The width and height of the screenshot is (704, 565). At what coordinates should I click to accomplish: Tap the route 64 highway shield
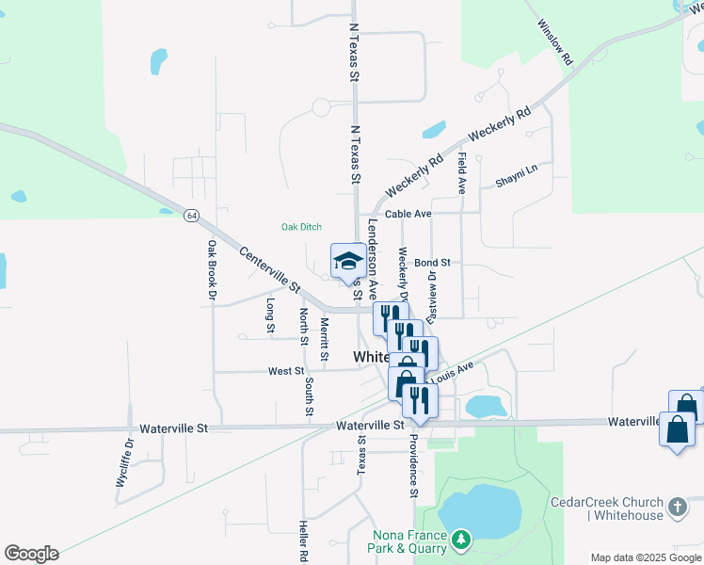192,216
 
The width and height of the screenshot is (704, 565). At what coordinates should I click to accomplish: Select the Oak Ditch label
302,227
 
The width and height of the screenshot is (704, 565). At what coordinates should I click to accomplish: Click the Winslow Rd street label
554,42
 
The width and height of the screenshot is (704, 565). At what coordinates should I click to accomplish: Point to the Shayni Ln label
518,169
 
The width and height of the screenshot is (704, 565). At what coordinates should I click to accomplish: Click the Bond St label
433,263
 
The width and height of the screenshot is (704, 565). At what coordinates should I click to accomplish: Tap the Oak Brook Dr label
213,270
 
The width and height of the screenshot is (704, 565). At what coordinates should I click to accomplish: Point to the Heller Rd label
304,541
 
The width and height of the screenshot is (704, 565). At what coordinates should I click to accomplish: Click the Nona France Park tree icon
460,540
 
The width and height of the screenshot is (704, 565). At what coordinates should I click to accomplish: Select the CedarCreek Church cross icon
677,509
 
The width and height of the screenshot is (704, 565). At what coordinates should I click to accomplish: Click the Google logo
31,554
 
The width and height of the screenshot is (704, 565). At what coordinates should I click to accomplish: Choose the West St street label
286,372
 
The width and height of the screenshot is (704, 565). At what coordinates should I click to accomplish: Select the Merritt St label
324,339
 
